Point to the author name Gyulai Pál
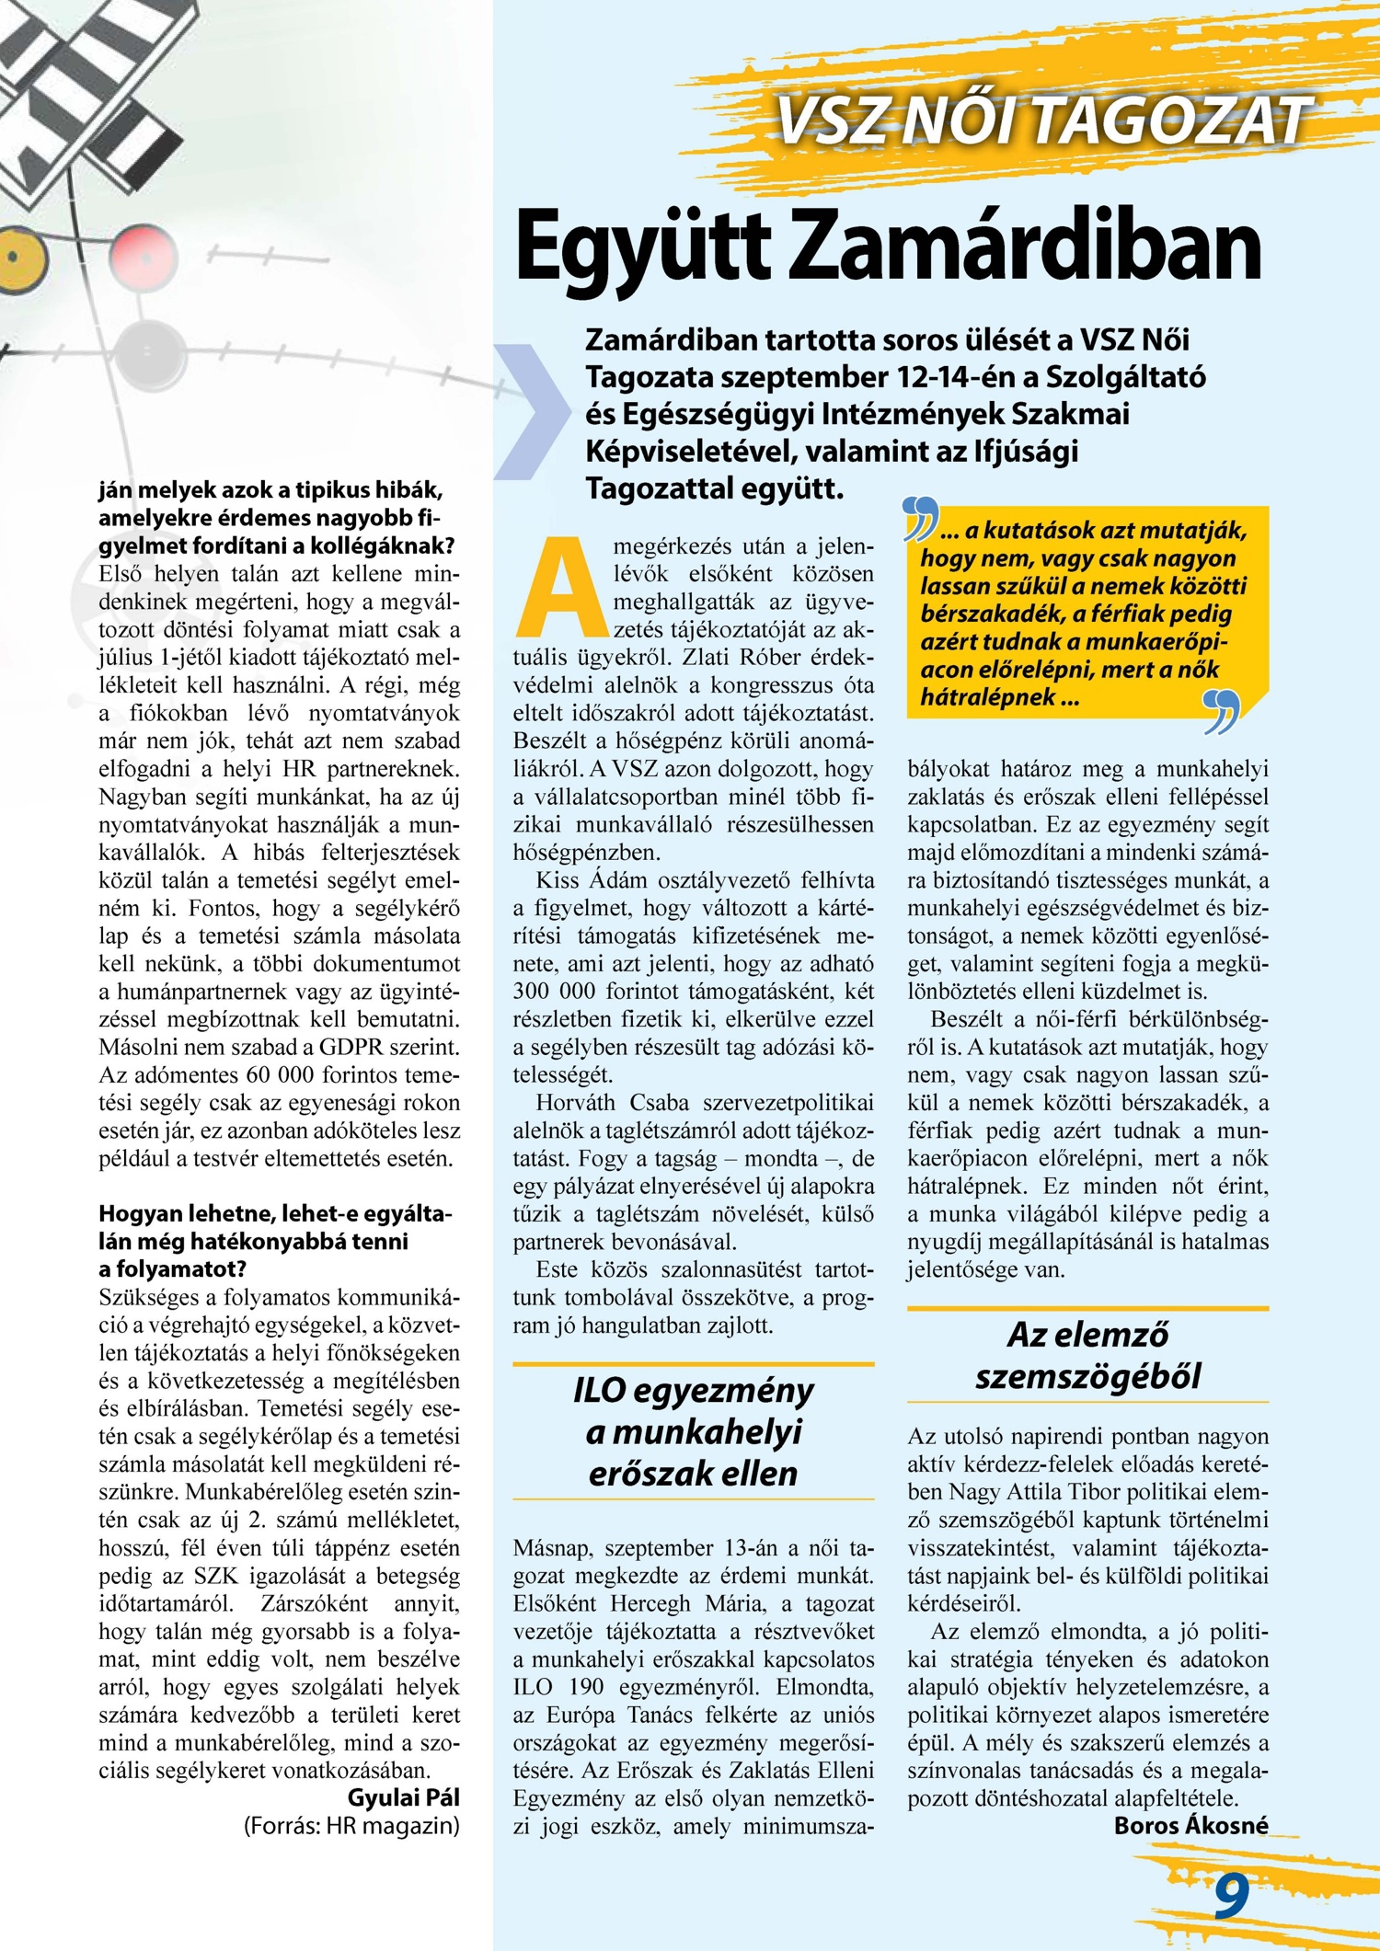(x=403, y=1797)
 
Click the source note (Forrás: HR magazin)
(x=351, y=1825)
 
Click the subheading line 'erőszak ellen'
(x=693, y=1474)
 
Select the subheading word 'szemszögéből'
(x=1087, y=1377)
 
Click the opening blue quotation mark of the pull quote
(x=920, y=519)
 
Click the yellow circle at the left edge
(x=14, y=256)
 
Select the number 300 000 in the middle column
(x=556, y=992)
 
